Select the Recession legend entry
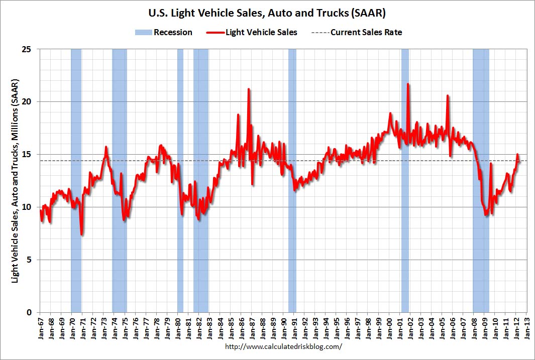(163, 32)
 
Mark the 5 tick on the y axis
(32, 260)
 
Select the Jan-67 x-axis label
(41, 328)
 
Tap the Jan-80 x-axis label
(179, 328)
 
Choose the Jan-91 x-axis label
(295, 328)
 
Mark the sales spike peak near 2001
(408, 84)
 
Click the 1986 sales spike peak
(248, 89)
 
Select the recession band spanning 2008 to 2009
(481, 181)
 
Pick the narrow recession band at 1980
(180, 181)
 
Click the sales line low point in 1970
(81, 234)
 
